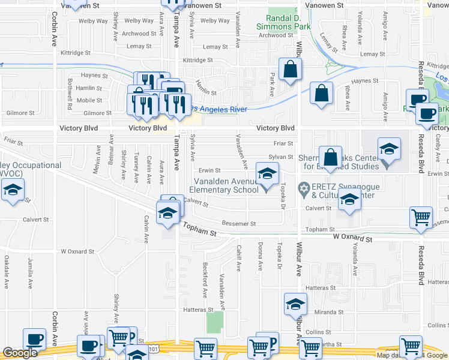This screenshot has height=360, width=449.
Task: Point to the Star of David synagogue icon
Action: [x=304, y=190]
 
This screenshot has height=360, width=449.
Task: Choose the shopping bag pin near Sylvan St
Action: [x=330, y=158]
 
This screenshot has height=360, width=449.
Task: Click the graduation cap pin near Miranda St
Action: [x=295, y=305]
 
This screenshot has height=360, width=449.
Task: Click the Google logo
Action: [x=20, y=353]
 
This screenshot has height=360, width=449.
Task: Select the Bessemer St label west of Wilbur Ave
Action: [x=239, y=224]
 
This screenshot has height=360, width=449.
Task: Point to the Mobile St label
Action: [x=89, y=100]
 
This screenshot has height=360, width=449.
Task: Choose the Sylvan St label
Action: [x=280, y=156]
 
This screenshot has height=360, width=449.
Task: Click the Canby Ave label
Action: [x=438, y=142]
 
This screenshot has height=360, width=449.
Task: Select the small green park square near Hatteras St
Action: [x=214, y=322]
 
